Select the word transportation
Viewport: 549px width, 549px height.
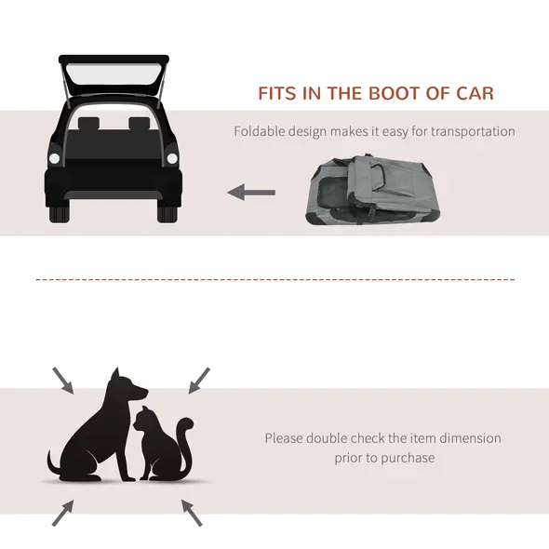click(472, 132)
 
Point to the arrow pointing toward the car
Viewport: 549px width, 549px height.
click(251, 193)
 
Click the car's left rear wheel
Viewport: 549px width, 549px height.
click(59, 212)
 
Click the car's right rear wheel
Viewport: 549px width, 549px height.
click(167, 212)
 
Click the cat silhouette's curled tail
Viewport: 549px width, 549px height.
click(185, 437)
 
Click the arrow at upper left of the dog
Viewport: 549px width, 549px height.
click(62, 380)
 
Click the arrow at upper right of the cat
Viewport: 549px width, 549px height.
click(198, 380)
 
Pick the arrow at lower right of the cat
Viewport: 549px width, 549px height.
click(191, 513)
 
